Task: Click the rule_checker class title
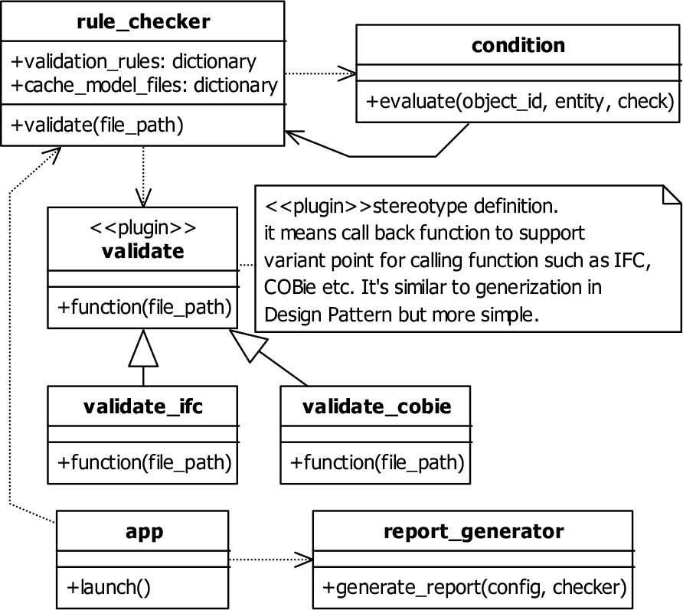pos(143,21)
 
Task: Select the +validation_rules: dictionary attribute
pos(134,62)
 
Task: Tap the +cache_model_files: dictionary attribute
pos(144,86)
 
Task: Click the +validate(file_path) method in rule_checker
pos(97,126)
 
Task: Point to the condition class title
pos(518,45)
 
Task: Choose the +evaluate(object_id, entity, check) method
pos(520,102)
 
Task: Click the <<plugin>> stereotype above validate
pos(143,227)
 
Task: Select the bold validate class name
pos(143,251)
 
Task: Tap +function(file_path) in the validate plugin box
pos(144,308)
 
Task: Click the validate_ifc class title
pos(143,406)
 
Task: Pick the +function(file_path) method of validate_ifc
pos(144,462)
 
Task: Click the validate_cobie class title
pos(377,406)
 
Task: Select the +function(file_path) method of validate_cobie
pos(377,462)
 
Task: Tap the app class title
pos(144,532)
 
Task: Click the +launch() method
pos(109,587)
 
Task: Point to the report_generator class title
pos(473,532)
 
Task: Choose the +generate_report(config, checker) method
pos(475,587)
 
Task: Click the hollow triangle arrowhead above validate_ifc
pos(143,348)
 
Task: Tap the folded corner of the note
pos(672,194)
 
